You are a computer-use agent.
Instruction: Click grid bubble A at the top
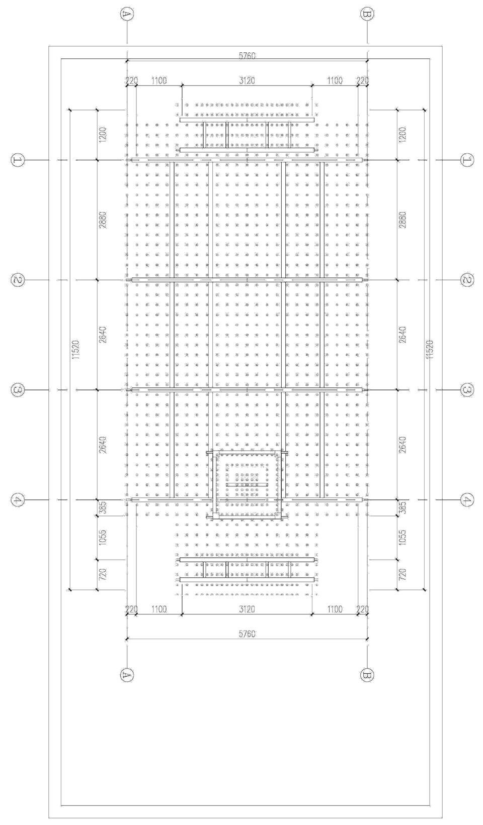(x=127, y=15)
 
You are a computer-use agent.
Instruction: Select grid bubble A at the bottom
(x=127, y=675)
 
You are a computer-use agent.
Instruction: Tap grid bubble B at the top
(x=367, y=15)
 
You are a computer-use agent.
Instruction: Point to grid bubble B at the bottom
(x=367, y=675)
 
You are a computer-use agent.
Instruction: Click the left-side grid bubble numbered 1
(x=18, y=160)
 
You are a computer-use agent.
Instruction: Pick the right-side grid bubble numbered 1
(x=466, y=160)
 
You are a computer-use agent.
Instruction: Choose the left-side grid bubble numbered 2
(x=18, y=280)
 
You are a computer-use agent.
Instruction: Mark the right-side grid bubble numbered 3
(x=466, y=390)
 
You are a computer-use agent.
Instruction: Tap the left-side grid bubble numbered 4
(x=18, y=500)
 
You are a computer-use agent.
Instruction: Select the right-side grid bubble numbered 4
(x=466, y=500)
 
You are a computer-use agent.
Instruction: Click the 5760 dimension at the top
(x=247, y=56)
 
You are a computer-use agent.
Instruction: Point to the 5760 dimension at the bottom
(x=247, y=634)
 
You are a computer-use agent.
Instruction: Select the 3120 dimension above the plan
(x=247, y=80)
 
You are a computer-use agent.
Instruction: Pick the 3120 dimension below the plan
(x=247, y=609)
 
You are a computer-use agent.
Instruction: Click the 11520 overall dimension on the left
(x=76, y=350)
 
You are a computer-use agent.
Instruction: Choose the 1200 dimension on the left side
(x=103, y=135)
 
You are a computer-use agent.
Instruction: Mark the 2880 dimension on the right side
(x=403, y=220)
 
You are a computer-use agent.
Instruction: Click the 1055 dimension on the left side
(x=103, y=537)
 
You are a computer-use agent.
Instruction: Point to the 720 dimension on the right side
(x=403, y=575)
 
